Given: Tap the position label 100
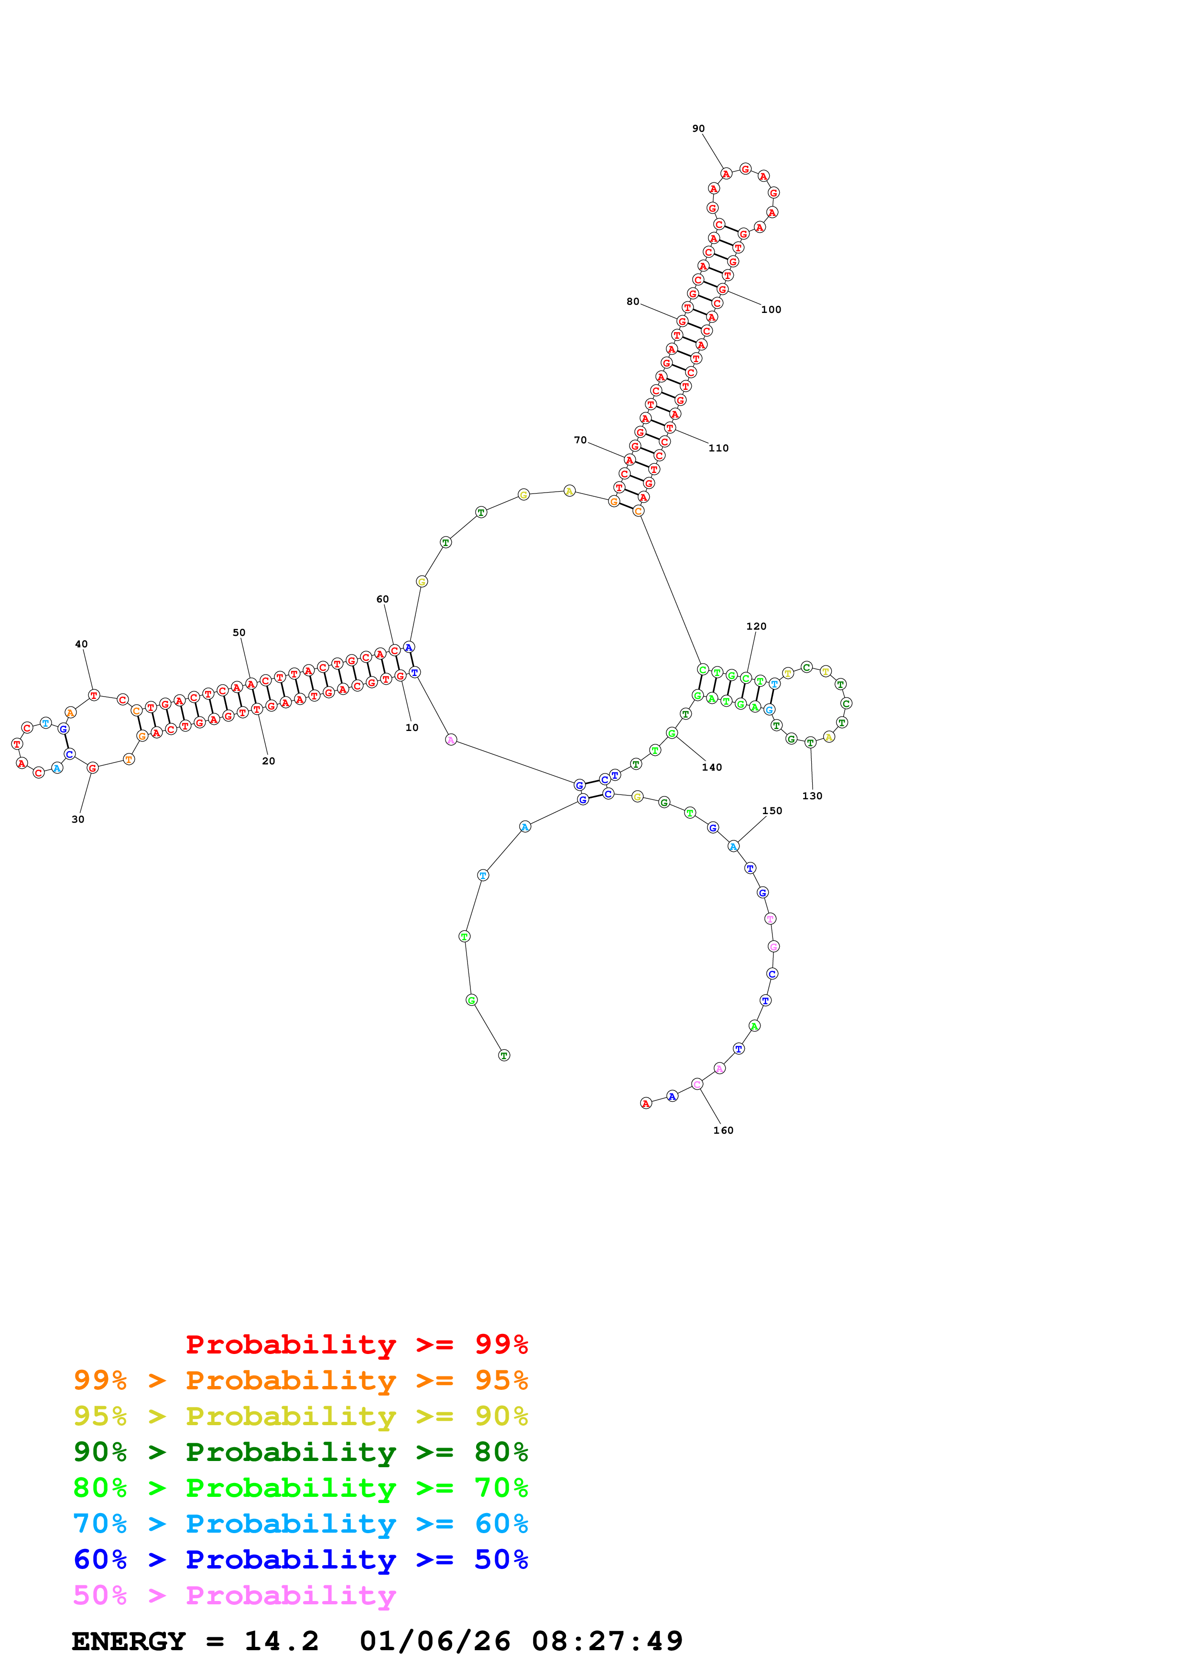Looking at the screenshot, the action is point(771,310).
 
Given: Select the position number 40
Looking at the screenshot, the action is point(81,644).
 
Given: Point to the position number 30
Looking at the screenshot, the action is point(78,819).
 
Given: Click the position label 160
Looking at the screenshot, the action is point(723,1130).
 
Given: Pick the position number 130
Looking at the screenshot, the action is point(812,795).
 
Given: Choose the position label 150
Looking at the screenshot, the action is point(772,810).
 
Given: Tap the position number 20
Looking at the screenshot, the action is point(269,761).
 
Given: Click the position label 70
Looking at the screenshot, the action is point(580,440).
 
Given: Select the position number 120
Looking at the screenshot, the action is point(756,626).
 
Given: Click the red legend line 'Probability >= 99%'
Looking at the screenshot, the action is point(356,1344).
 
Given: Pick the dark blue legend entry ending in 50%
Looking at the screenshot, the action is point(301,1560).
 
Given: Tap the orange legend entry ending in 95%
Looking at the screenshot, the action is point(301,1380).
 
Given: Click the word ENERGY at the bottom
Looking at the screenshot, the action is point(129,1642).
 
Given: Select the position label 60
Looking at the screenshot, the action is point(382,599).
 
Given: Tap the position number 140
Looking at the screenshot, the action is point(712,767).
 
